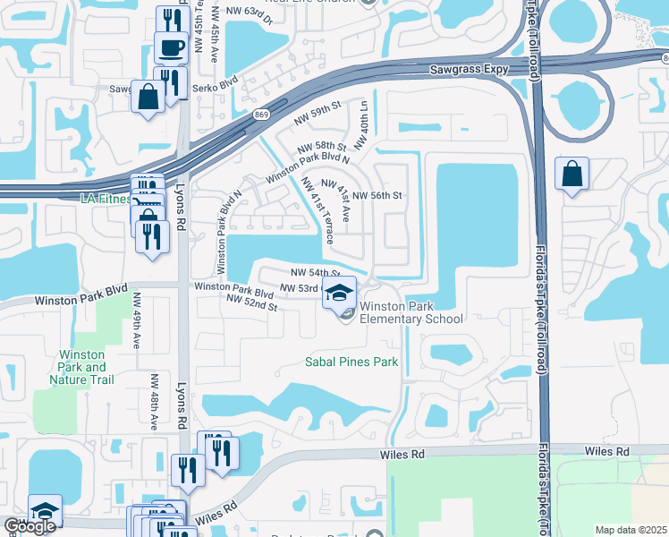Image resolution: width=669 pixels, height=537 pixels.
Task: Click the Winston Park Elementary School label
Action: point(411,312)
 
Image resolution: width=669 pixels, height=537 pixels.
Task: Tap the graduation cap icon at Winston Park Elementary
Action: point(339,292)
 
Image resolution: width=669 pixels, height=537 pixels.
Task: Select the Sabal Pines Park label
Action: point(351,362)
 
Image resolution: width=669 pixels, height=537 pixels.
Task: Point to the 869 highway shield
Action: point(261,115)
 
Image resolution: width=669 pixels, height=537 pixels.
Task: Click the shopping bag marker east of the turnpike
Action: point(572,175)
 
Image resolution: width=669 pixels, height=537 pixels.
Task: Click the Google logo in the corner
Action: point(30,527)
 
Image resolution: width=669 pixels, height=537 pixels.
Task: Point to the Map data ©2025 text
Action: point(631,530)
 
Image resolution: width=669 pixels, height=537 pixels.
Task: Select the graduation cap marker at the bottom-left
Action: point(45,510)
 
